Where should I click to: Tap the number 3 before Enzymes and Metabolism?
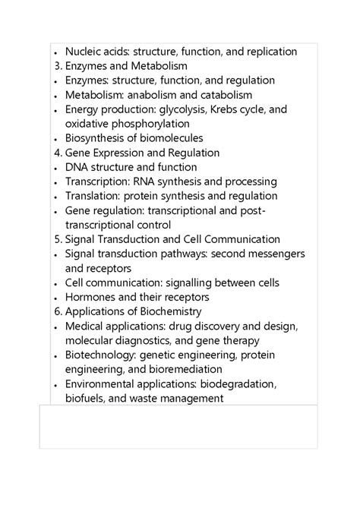click(58, 66)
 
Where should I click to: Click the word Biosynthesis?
click(98, 138)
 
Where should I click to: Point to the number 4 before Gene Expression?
click(58, 153)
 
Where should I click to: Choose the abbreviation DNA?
click(77, 167)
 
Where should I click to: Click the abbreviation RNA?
click(146, 181)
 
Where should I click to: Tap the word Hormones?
click(91, 297)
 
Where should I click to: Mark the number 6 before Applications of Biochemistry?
click(58, 311)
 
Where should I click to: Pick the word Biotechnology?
click(100, 355)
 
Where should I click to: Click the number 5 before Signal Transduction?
click(58, 239)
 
